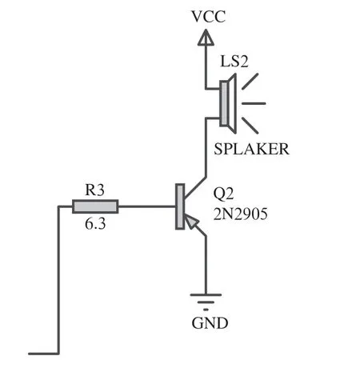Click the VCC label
[208, 17]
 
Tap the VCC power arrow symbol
[206, 38]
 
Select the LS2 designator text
[234, 61]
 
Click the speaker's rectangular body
[224, 103]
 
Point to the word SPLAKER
[251, 149]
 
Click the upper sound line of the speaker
[250, 81]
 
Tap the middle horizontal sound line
[254, 103]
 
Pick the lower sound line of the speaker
[250, 126]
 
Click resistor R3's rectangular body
[95, 206]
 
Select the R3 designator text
[94, 190]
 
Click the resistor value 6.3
[95, 223]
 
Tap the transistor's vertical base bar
[180, 206]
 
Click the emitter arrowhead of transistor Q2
[190, 222]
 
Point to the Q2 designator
[223, 194]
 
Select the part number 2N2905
[240, 214]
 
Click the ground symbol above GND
[206, 302]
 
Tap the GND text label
[210, 323]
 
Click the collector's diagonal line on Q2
[195, 188]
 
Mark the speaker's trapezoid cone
[232, 103]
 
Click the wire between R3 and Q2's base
[146, 206]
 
